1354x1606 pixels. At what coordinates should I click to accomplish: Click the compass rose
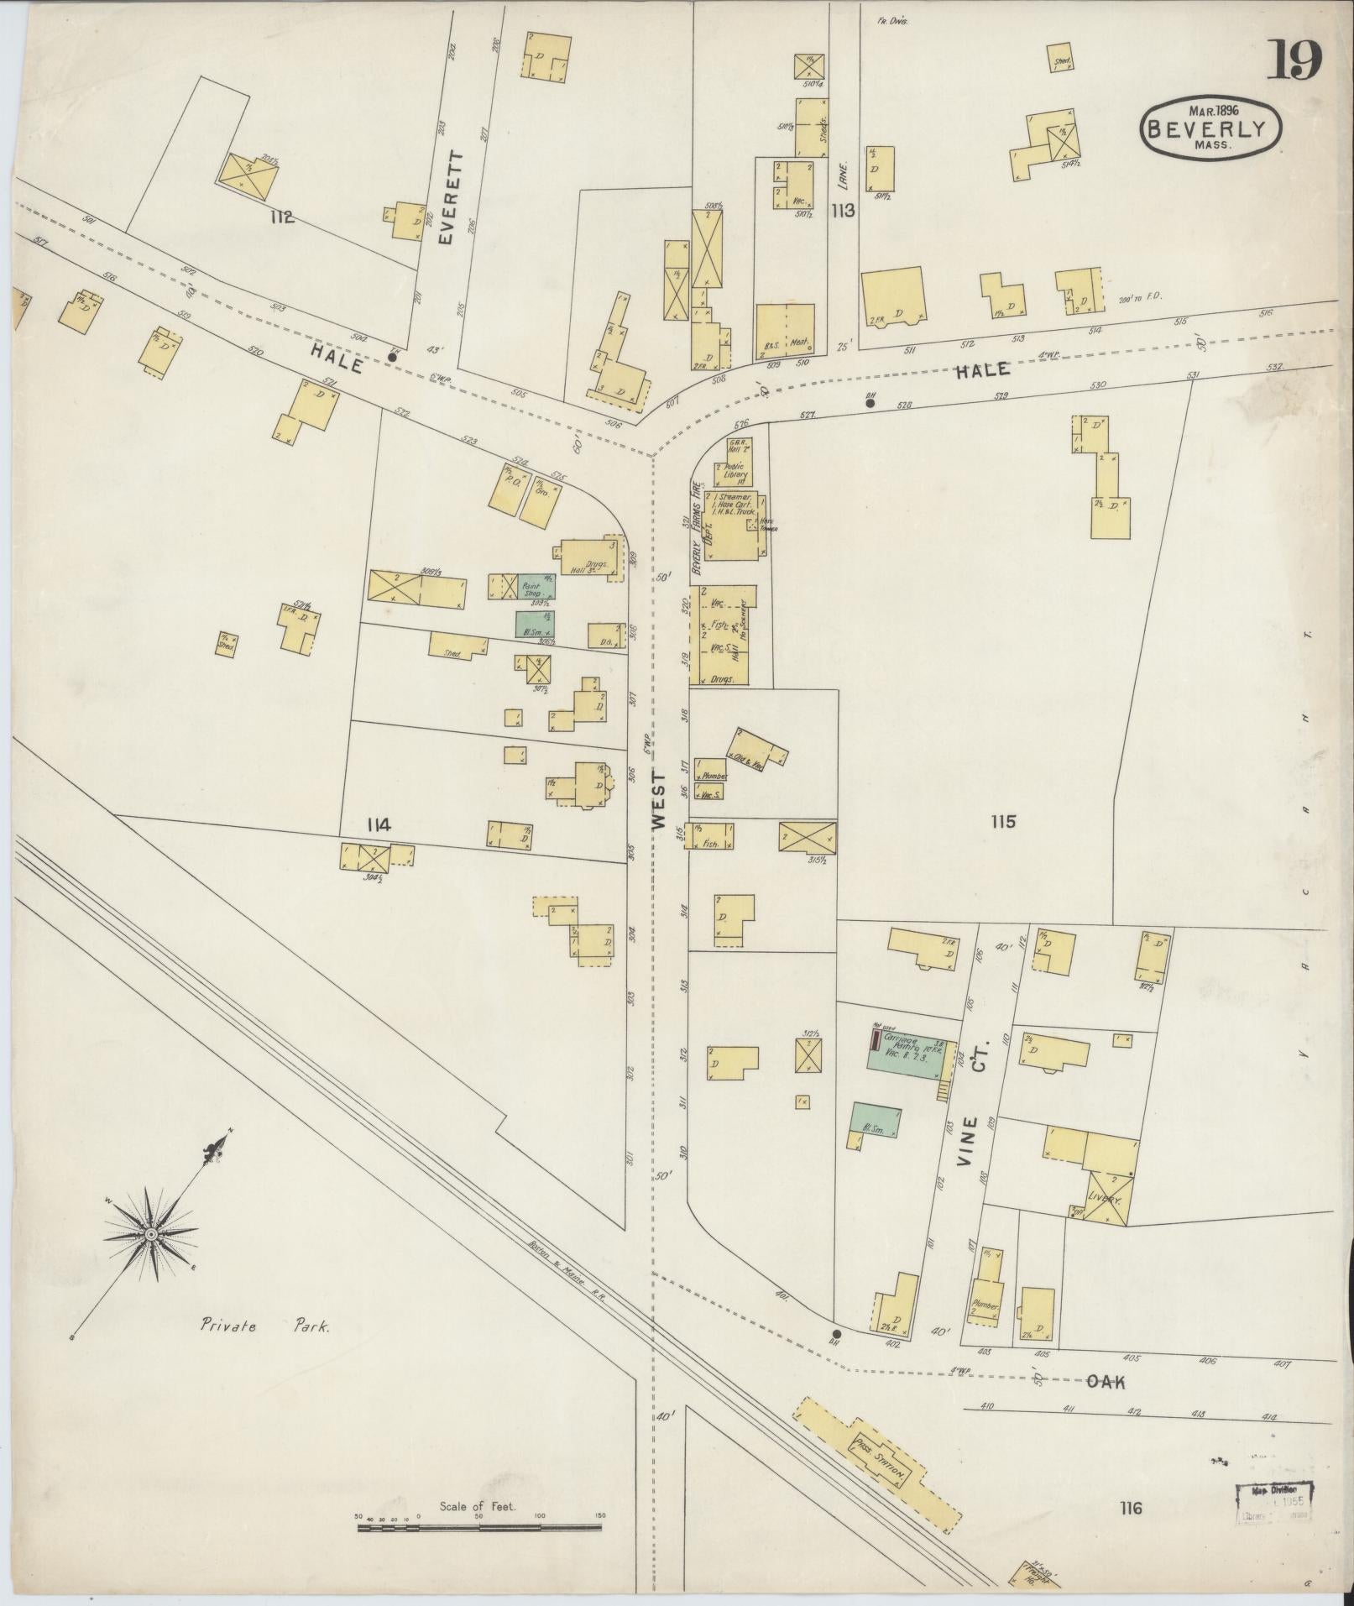pyautogui.click(x=151, y=1234)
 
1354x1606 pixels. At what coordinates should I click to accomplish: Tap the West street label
pyautogui.click(x=659, y=801)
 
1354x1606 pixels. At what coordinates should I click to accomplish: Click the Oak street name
pyautogui.click(x=1106, y=1381)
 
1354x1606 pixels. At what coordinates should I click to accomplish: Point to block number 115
pyautogui.click(x=1002, y=821)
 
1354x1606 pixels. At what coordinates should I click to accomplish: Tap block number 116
pyautogui.click(x=1130, y=1508)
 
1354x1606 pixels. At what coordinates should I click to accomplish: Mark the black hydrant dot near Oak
pyautogui.click(x=836, y=1333)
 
